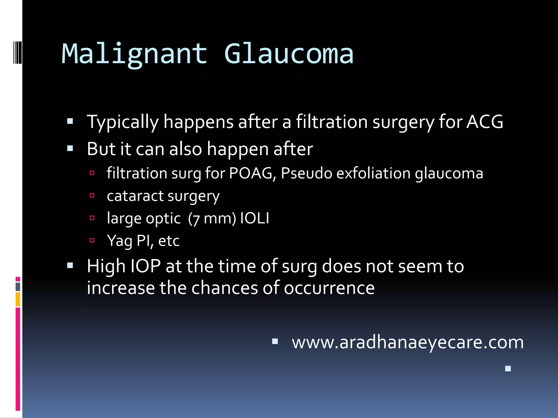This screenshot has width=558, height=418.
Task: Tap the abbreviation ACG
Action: (485, 122)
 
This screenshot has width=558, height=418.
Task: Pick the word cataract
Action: (135, 196)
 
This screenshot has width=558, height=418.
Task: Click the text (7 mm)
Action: (212, 219)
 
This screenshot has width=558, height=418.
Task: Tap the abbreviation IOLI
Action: (254, 218)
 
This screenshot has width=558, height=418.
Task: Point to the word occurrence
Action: (329, 288)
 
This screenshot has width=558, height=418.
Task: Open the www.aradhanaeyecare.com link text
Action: (408, 342)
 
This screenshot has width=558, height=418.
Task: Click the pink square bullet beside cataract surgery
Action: (92, 195)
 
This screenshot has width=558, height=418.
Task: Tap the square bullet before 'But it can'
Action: (70, 149)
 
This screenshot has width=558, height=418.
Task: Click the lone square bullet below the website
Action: (508, 369)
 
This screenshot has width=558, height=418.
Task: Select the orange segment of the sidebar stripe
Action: (18, 299)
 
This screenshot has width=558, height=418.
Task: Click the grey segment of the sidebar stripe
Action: (18, 287)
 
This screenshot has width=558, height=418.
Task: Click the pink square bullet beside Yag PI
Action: (92, 240)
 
